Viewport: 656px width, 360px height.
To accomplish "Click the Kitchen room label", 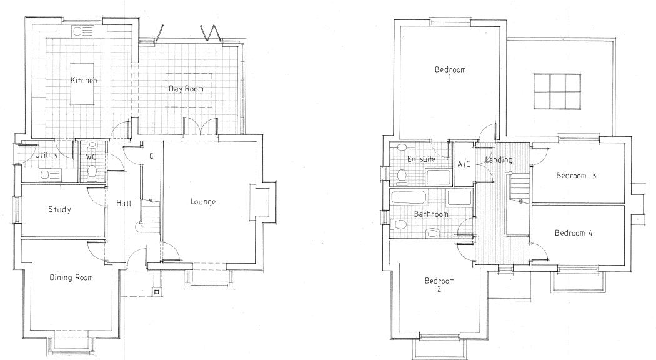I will tap(83, 81).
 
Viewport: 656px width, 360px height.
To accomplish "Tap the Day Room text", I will tap(186, 89).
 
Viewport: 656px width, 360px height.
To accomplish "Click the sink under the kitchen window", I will tap(82, 32).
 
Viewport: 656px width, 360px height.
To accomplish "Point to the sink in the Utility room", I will tap(49, 174).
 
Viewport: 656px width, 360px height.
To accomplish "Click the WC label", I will tap(91, 156).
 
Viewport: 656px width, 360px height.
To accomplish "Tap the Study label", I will tap(59, 210).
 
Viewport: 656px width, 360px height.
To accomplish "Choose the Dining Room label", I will tap(71, 277).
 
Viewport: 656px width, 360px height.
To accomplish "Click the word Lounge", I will tap(203, 202).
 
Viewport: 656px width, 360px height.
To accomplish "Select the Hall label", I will tap(123, 204).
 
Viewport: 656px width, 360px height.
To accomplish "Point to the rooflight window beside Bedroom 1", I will tap(557, 91).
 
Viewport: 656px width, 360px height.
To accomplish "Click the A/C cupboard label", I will tap(464, 164).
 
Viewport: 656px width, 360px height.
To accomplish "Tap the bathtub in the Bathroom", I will tap(410, 200).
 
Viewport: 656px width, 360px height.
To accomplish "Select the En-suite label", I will tap(421, 159).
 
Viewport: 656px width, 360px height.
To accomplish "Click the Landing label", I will tap(499, 160).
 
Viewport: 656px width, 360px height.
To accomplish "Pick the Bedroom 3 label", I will tap(576, 176).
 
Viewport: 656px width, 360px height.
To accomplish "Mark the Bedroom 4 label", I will tap(574, 232).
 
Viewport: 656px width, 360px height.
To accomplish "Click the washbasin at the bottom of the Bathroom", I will tap(431, 234).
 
